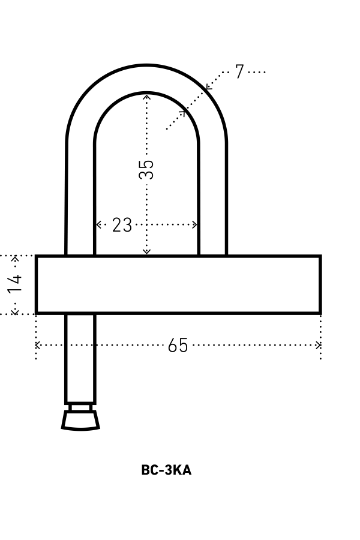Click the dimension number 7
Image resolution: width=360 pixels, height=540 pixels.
coord(240,71)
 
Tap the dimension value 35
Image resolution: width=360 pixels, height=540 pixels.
coord(146,169)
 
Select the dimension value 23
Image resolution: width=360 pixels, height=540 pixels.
coord(122,225)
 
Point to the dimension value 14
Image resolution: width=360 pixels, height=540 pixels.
coord(15,284)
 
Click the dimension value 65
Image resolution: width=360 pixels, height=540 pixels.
coord(178,345)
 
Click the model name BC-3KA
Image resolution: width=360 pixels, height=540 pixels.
coord(166,470)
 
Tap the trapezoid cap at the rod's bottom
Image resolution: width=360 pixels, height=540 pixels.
coord(80,421)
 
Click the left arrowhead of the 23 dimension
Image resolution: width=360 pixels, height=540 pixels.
coord(98,225)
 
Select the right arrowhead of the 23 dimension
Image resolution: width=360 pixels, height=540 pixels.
coord(194,225)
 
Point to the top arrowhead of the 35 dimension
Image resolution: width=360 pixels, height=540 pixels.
coord(147,97)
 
